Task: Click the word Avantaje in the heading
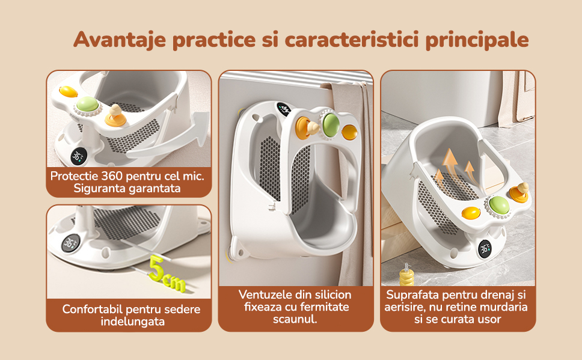pos(120,39)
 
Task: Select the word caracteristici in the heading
pos(352,39)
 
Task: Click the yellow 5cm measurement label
pos(167,274)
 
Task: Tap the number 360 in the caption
pos(113,175)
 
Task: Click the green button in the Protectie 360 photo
pos(88,105)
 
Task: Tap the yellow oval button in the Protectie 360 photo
pos(69,92)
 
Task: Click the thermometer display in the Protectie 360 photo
pos(79,156)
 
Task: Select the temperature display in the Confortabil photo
pos(69,244)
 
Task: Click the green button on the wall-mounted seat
pos(330,124)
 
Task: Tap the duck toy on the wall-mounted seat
pos(313,127)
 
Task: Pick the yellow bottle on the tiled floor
pos(406,275)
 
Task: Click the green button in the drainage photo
pos(499,205)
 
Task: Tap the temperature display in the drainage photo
pos(485,249)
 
